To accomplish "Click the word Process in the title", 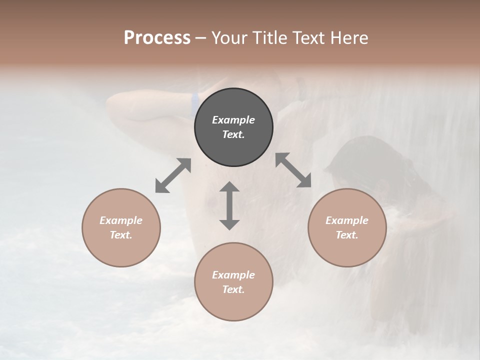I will pyautogui.click(x=157, y=38).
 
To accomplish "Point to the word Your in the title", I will pyautogui.click(x=227, y=38).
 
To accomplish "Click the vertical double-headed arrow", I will pyautogui.click(x=229, y=205).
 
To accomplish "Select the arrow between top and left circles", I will pyautogui.click(x=173, y=175).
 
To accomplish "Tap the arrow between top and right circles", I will pyautogui.click(x=293, y=170).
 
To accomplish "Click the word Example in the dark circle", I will pyautogui.click(x=233, y=120).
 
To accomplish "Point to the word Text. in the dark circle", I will pyautogui.click(x=233, y=134).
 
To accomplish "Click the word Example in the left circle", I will pyautogui.click(x=121, y=220).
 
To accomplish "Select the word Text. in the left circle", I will pyautogui.click(x=121, y=235).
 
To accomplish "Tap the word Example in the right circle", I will pyautogui.click(x=347, y=220).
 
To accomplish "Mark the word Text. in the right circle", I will pyautogui.click(x=347, y=235).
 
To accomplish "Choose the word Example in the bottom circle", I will pyautogui.click(x=233, y=275).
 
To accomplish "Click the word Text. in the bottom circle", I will pyautogui.click(x=233, y=289).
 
